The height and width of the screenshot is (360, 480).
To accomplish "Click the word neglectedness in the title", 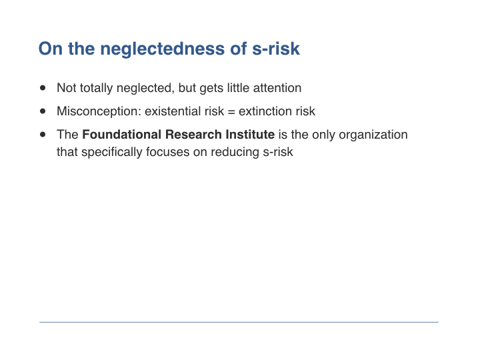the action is [x=163, y=49].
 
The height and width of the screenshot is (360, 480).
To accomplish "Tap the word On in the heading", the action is [x=50, y=49].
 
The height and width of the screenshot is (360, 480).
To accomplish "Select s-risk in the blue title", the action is [x=276, y=49].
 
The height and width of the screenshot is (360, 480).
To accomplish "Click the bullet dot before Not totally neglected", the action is [x=43, y=88].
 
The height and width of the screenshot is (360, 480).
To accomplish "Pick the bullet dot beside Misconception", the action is [x=43, y=111].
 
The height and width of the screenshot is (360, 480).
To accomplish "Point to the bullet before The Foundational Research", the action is [x=43, y=135].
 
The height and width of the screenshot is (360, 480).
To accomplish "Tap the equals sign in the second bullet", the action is [x=231, y=112].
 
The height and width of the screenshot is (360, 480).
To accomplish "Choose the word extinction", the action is [x=265, y=111].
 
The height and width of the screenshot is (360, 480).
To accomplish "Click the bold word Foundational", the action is [x=122, y=135].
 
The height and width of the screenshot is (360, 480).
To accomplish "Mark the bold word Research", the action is [x=193, y=135].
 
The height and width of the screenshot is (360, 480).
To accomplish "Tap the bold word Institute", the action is [x=250, y=135].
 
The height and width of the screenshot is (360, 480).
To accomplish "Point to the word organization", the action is [x=373, y=135].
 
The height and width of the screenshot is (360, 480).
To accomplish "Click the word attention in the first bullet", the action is [x=277, y=88].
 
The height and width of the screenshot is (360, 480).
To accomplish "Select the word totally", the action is [x=96, y=89].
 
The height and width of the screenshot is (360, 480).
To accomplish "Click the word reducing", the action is [x=235, y=153].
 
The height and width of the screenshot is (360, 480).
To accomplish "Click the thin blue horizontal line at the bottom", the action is [x=239, y=322].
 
